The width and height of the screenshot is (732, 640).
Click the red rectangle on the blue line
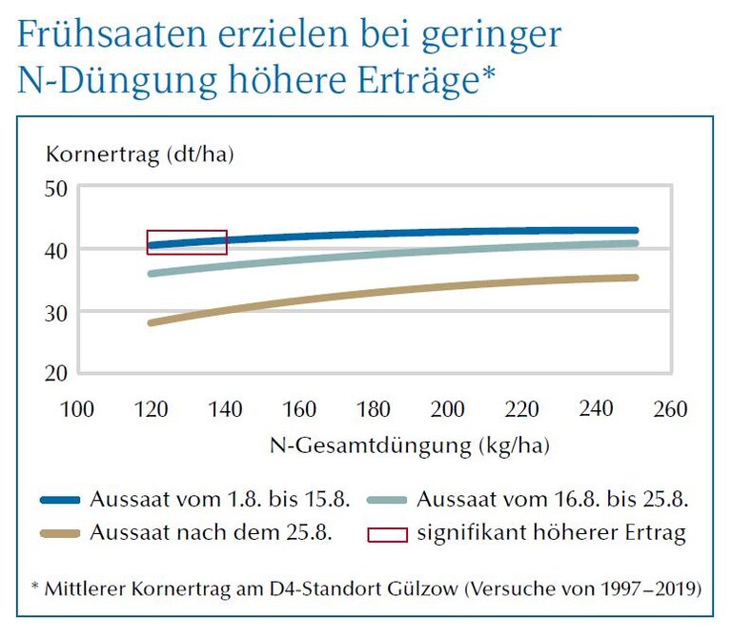pyautogui.click(x=187, y=242)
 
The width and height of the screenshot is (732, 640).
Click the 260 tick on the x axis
pyautogui.click(x=671, y=409)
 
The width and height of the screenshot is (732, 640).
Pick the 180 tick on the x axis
pyautogui.click(x=374, y=409)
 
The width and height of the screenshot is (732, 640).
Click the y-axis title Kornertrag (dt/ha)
pyautogui.click(x=140, y=153)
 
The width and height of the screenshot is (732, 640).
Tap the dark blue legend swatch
pyautogui.click(x=62, y=499)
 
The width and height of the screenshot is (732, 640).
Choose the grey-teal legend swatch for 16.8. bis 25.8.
pyautogui.click(x=388, y=499)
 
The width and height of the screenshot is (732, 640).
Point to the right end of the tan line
pyautogui.click(x=635, y=278)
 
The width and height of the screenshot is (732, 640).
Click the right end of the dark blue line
pyautogui.click(x=635, y=230)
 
